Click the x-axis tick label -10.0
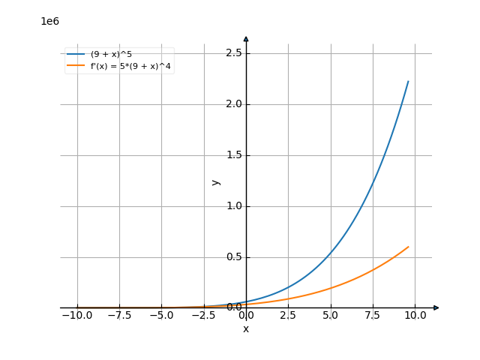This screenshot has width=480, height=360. click(x=76, y=316)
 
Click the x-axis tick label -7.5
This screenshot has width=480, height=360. click(x=119, y=316)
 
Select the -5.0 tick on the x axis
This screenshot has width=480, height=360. click(x=161, y=316)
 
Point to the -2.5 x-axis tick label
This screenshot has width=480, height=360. click(x=204, y=316)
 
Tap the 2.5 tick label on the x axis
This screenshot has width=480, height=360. click(x=288, y=316)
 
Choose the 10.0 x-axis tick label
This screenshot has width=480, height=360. click(x=415, y=316)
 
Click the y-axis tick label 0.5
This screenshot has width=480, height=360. click(x=234, y=257)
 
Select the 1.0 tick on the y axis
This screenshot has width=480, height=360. click(x=234, y=206)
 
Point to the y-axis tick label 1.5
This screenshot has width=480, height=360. click(x=234, y=155)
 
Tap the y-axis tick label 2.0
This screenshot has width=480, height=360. click(x=234, y=103)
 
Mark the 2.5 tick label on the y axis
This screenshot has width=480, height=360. click(x=234, y=52)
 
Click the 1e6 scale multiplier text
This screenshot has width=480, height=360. click(x=49, y=21)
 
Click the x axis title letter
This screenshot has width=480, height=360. click(x=246, y=328)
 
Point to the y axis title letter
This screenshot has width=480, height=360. click(x=216, y=181)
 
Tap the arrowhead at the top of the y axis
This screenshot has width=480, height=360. click(x=246, y=37)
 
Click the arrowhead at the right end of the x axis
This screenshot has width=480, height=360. click(x=436, y=307)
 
